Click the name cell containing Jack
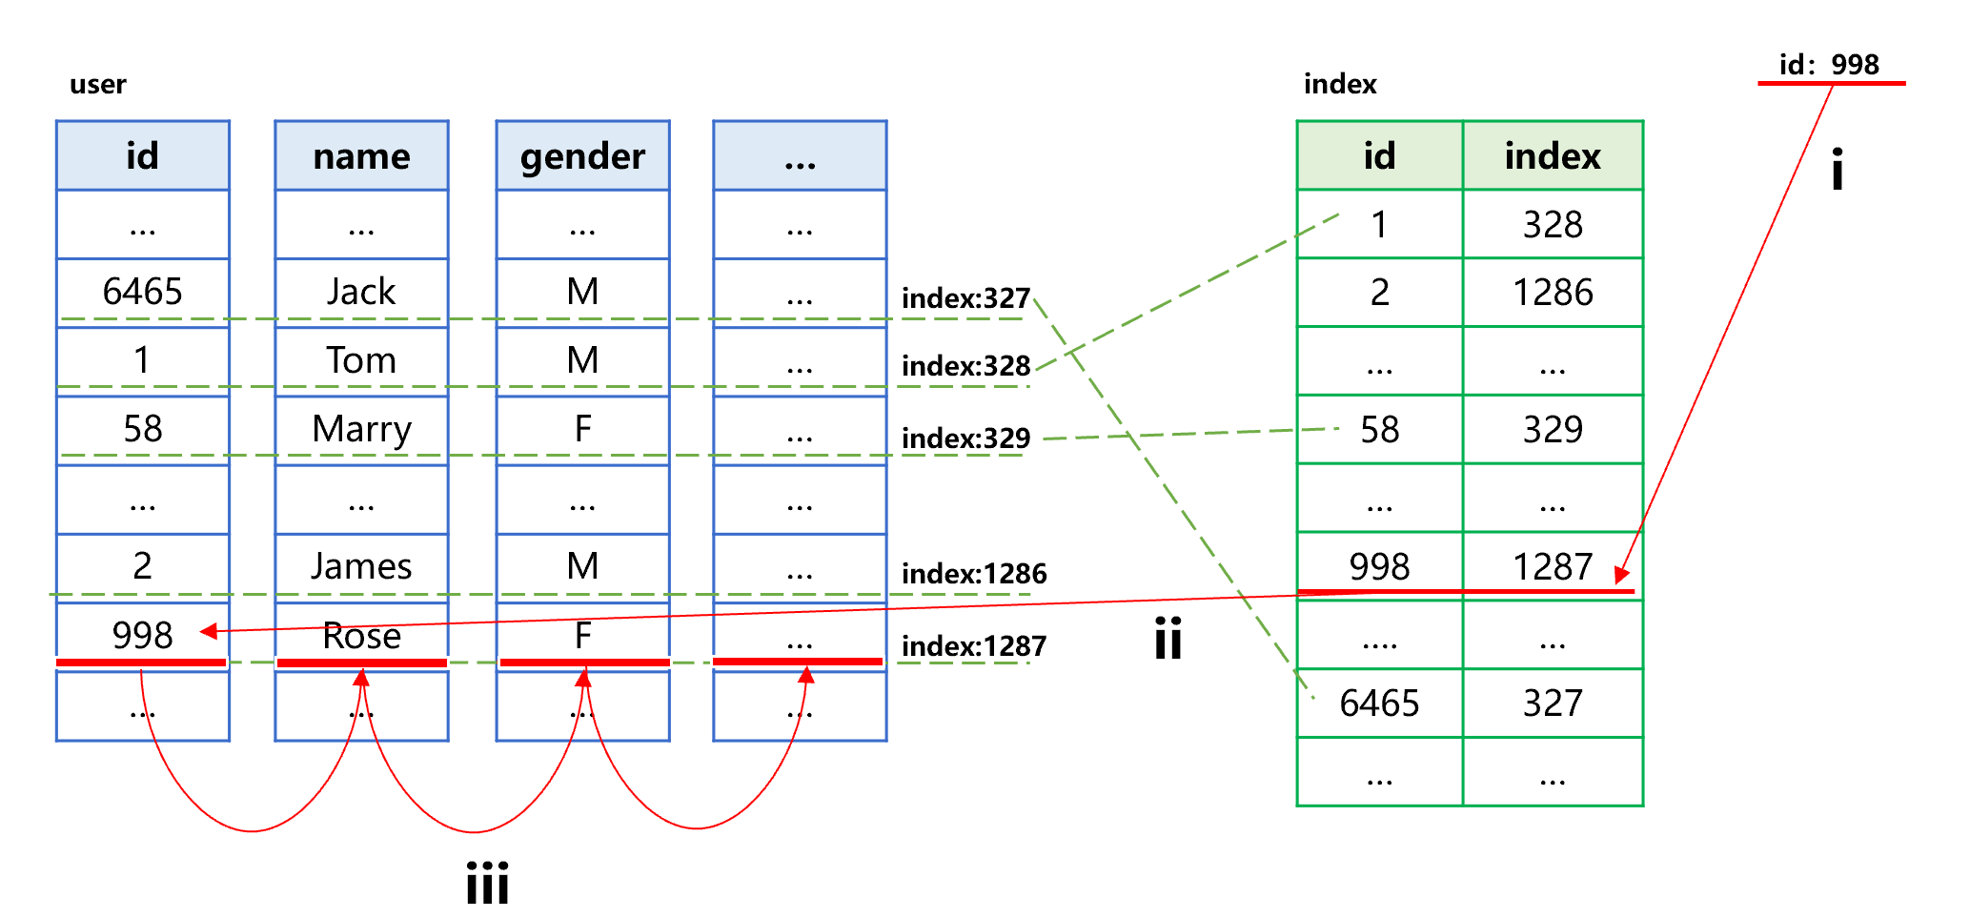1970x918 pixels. pyautogui.click(x=361, y=292)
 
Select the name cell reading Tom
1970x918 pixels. pyautogui.click(x=361, y=360)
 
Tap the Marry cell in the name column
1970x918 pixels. pyautogui.click(x=361, y=429)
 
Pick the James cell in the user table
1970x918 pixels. pyautogui.click(x=361, y=566)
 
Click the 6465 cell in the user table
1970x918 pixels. pyautogui.click(x=142, y=292)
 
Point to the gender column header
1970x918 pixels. pyautogui.click(x=582, y=155)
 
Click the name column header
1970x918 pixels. pyautogui.click(x=361, y=155)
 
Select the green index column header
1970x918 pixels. pyautogui.click(x=1553, y=155)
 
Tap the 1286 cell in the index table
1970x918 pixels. pyautogui.click(x=1553, y=293)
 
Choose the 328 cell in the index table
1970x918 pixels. pyautogui.click(x=1553, y=224)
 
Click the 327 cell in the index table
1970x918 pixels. pyautogui.click(x=1553, y=704)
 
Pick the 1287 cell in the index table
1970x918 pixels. pyautogui.click(x=1553, y=566)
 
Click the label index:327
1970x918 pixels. pyautogui.click(x=965, y=298)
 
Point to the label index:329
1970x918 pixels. pyautogui.click(x=965, y=439)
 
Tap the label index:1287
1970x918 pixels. pyautogui.click(x=973, y=646)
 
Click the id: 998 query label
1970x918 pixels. pyautogui.click(x=1829, y=65)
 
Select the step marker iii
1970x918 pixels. pyautogui.click(x=487, y=883)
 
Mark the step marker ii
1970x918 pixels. pyautogui.click(x=1168, y=638)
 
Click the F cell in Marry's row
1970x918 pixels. pyautogui.click(x=582, y=429)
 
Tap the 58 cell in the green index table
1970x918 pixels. pyautogui.click(x=1379, y=430)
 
